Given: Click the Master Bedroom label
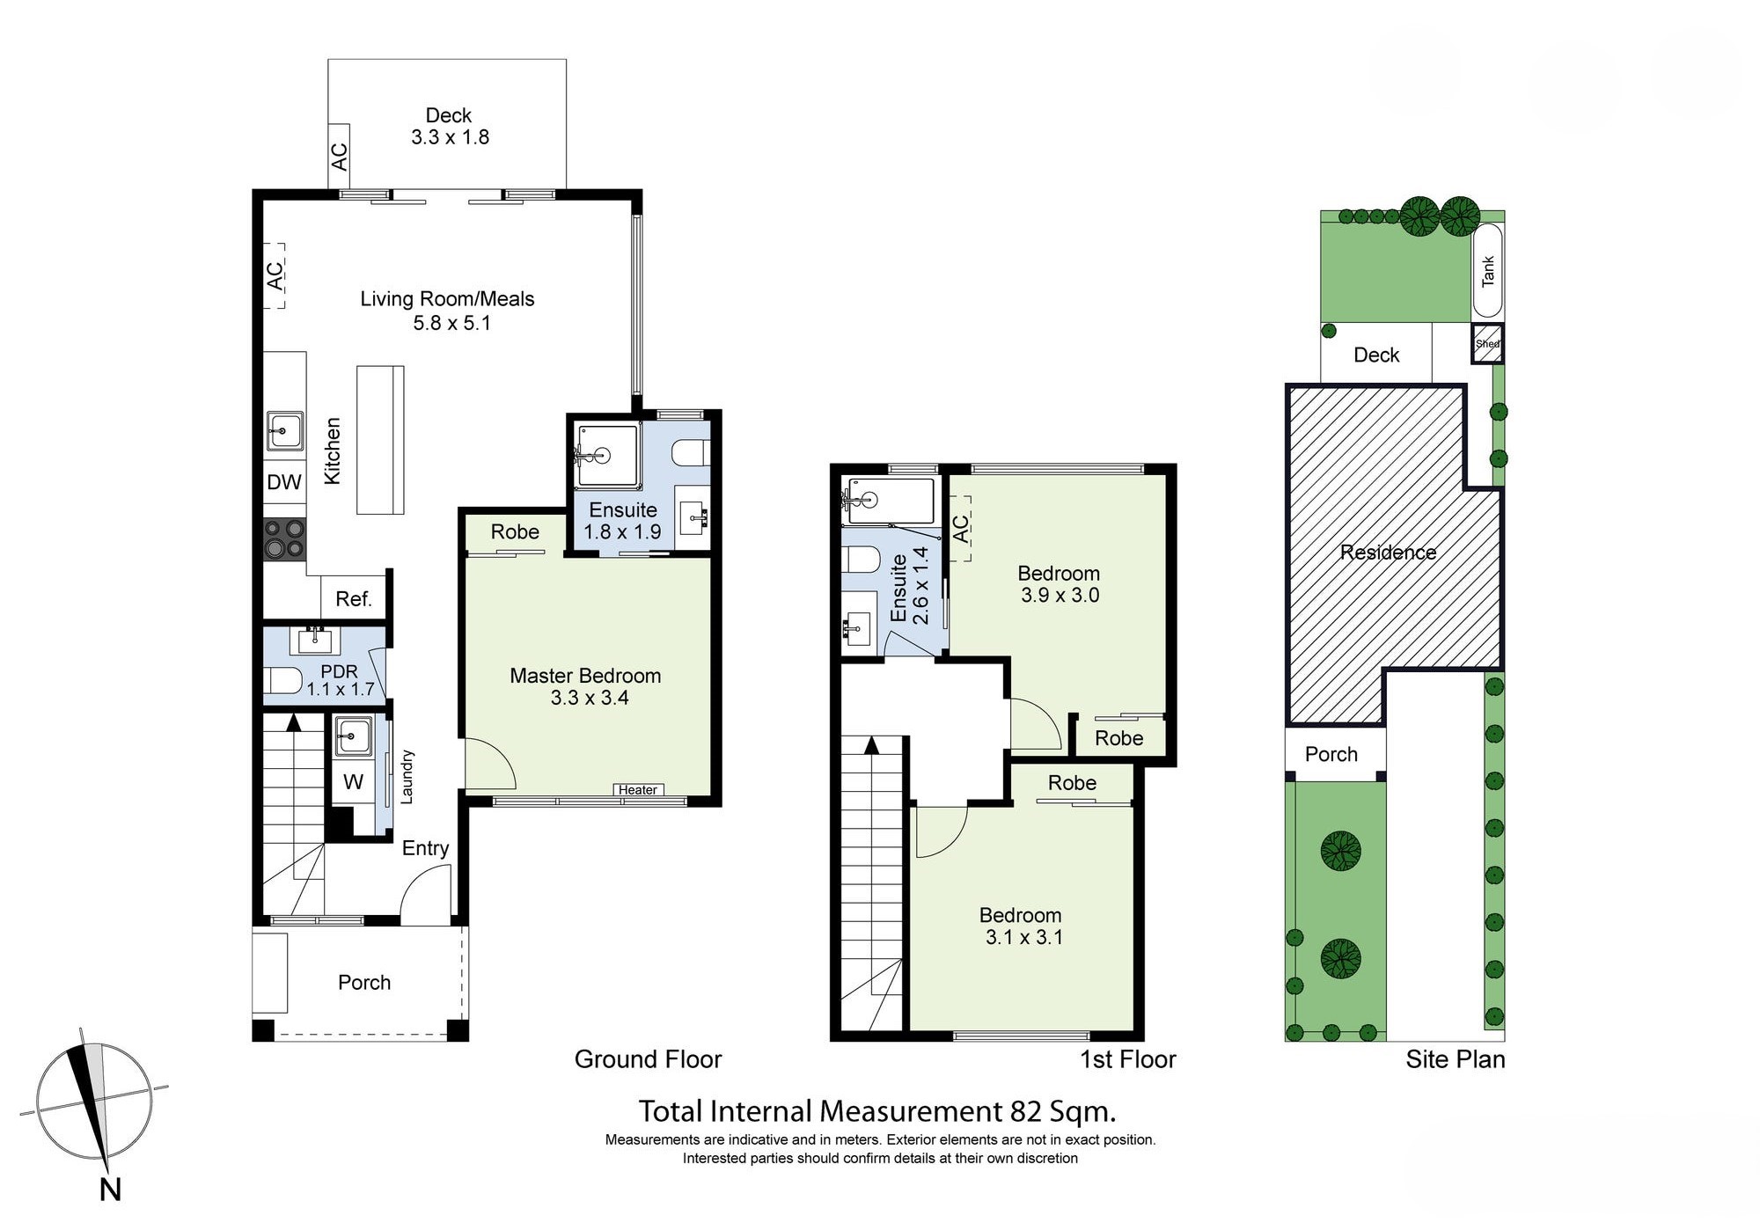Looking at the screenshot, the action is [x=585, y=676].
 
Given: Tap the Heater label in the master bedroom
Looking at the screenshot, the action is [x=638, y=790].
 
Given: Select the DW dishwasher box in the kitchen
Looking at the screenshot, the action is [x=284, y=482].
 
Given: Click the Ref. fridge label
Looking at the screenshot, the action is [x=354, y=599].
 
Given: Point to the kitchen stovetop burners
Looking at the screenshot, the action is [x=285, y=538].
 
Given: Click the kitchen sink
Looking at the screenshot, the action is [x=285, y=431].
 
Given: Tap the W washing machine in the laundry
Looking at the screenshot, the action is [x=354, y=782].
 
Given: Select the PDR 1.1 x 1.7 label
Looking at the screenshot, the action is [x=341, y=680].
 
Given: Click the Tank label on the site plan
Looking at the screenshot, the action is [x=1488, y=271].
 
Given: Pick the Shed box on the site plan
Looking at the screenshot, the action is [x=1488, y=344].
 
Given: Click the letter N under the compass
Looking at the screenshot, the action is [x=110, y=1190].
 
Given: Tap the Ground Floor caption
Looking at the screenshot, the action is [x=648, y=1059].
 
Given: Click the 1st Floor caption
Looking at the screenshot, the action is [x=1128, y=1059].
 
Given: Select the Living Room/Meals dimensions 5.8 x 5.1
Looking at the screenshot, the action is [x=452, y=323].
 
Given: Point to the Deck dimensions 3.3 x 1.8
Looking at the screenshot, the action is [x=450, y=137].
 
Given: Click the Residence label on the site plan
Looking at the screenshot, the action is [x=1388, y=553].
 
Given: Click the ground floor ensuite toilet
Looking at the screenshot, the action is [x=689, y=454].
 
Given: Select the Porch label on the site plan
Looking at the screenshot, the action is [x=1331, y=754].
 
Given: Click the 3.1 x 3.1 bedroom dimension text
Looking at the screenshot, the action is [x=1024, y=938].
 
